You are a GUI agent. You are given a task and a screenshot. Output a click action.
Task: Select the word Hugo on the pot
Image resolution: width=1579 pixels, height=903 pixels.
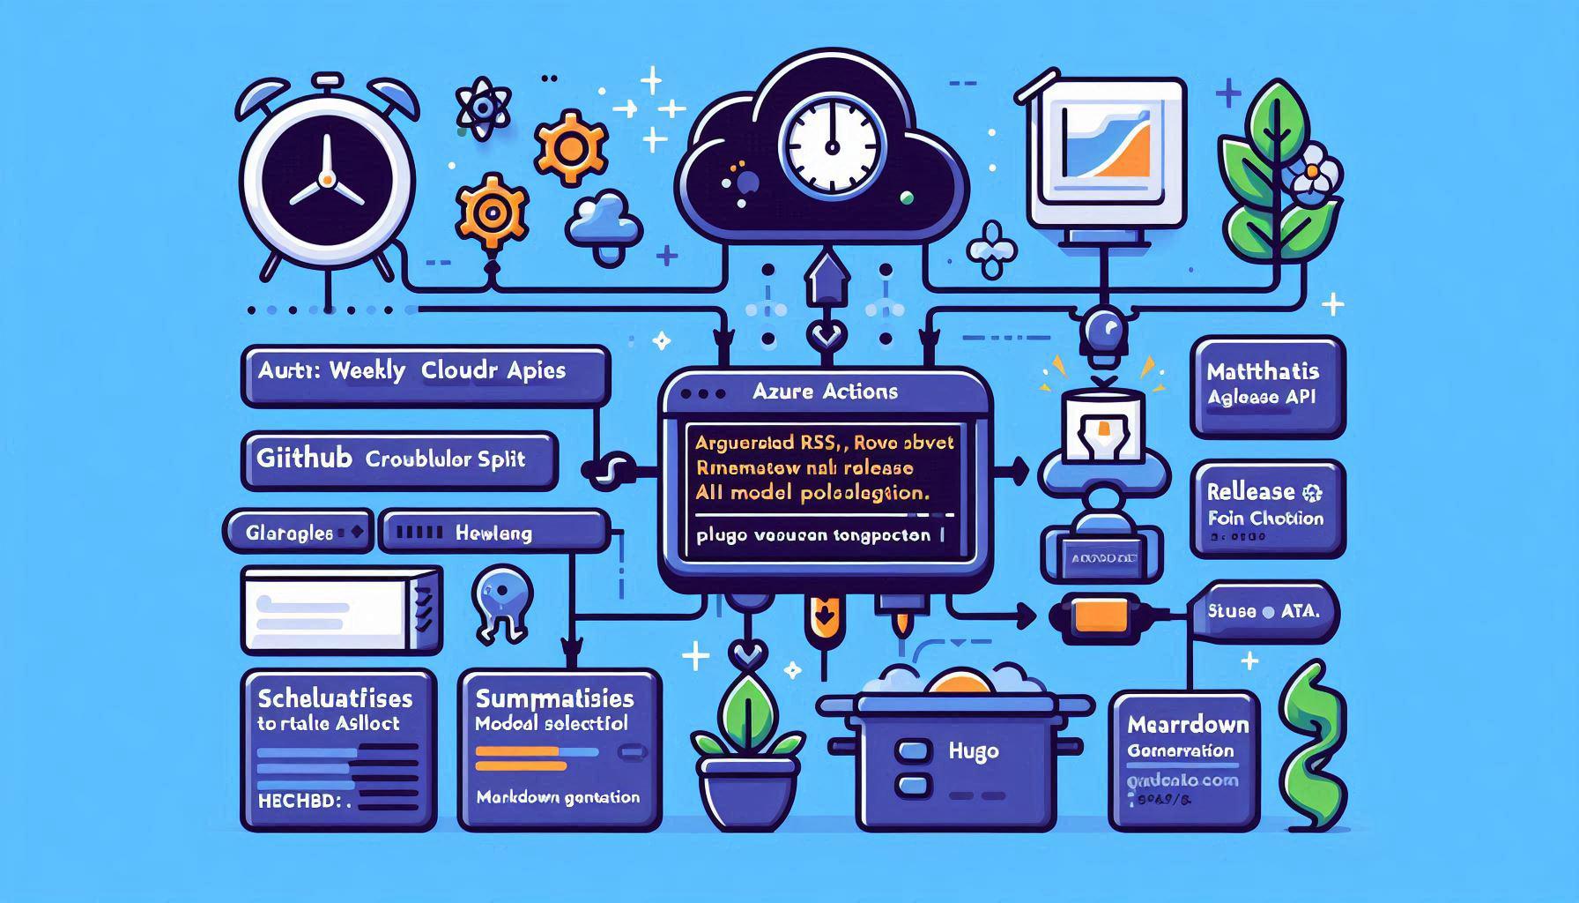974,751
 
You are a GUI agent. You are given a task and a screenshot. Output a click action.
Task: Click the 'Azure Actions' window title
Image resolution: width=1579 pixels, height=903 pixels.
826,392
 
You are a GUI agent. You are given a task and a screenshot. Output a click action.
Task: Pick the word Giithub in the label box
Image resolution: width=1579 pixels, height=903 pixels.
304,459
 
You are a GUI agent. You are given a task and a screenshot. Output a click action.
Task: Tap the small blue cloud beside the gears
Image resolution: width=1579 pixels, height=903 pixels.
604,222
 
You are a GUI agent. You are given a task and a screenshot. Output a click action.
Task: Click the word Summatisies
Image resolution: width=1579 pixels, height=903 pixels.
554,699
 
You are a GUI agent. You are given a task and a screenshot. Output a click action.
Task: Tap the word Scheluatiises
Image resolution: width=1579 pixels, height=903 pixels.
335,699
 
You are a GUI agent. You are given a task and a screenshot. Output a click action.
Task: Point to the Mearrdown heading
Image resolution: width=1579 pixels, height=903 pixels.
1187,725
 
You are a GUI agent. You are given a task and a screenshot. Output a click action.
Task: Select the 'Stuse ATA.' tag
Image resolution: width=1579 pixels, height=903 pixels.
1265,610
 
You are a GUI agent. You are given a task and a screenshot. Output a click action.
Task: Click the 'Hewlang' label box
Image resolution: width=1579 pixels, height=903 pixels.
493,533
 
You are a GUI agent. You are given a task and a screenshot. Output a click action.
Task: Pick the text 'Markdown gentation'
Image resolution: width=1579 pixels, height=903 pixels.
558,797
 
